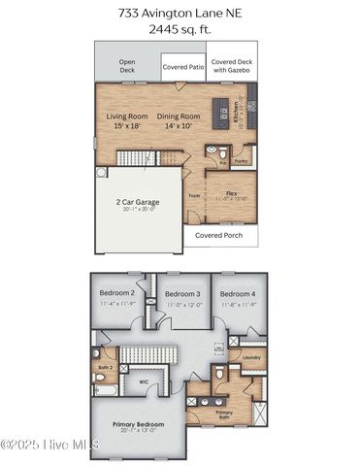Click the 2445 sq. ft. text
click(180, 30)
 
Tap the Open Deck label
click(127, 66)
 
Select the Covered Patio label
click(182, 67)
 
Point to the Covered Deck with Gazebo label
click(232, 66)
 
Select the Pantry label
click(242, 162)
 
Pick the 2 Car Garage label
click(137, 202)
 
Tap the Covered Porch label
click(219, 235)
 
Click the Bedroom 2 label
click(117, 292)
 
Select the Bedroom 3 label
click(181, 293)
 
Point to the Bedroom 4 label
click(238, 293)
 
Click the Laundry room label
click(251, 356)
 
